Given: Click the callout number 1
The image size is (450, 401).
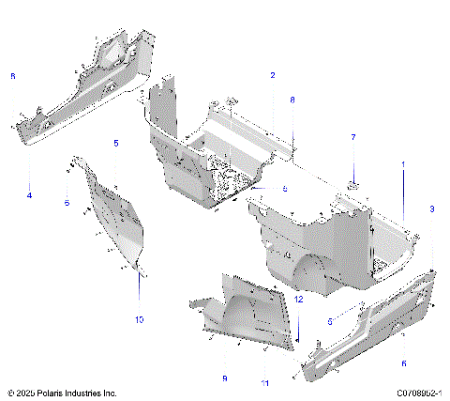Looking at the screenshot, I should click(404, 164).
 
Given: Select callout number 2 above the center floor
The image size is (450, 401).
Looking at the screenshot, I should click(273, 74).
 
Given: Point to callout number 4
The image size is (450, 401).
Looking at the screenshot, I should click(29, 195).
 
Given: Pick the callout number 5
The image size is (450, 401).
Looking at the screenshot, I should click(116, 143).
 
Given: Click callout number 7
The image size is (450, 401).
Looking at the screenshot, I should click(353, 138).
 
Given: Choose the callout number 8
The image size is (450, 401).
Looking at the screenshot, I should click(292, 99).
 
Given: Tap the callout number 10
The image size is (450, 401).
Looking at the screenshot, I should click(139, 320).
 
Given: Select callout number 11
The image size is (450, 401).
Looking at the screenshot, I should click(265, 384).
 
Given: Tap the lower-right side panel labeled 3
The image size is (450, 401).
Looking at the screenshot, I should click(375, 324).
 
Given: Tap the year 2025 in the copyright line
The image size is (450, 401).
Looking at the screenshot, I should click(26, 393).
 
